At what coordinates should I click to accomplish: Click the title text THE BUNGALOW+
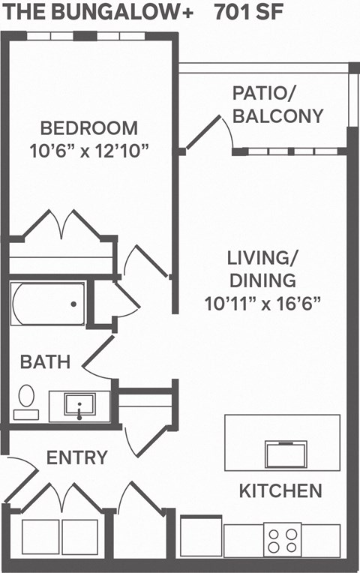[x=101, y=13]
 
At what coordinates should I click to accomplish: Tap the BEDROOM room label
[x=89, y=127]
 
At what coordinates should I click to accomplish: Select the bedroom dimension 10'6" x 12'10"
[x=90, y=150]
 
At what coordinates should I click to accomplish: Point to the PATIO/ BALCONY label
[x=277, y=105]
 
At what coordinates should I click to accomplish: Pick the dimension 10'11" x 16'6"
[x=262, y=304]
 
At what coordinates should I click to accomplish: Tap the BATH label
[x=45, y=362]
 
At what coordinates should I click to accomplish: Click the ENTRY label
[x=77, y=457]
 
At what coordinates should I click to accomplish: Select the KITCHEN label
[x=280, y=491]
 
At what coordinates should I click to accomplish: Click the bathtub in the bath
[x=48, y=303]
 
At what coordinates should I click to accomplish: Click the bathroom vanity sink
[x=78, y=406]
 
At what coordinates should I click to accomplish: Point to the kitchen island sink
[x=285, y=454]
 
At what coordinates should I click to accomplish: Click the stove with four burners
[x=283, y=540]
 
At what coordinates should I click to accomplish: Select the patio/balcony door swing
[x=210, y=131]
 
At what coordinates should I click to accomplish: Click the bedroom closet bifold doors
[x=63, y=225]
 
